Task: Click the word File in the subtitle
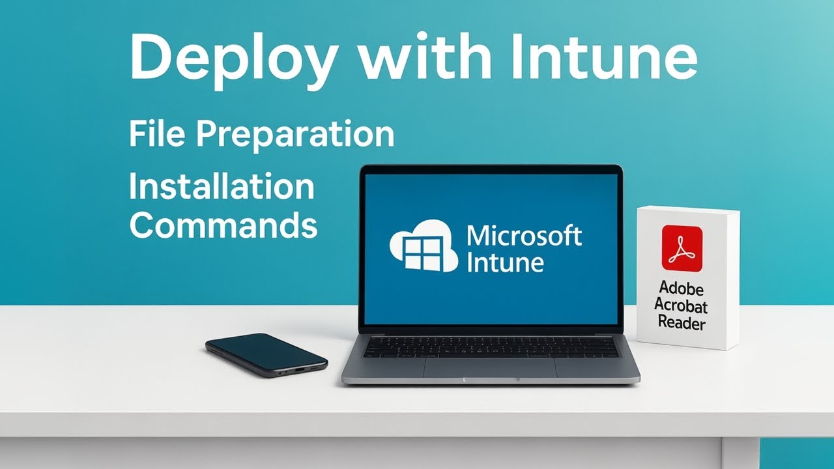(155, 134)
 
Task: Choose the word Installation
(222, 187)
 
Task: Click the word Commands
(223, 225)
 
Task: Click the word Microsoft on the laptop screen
(525, 236)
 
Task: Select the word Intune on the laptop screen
(506, 263)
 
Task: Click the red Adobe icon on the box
(682, 248)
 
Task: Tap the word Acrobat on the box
(681, 305)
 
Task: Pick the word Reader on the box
(681, 322)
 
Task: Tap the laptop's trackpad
(489, 367)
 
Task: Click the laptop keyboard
(490, 347)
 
